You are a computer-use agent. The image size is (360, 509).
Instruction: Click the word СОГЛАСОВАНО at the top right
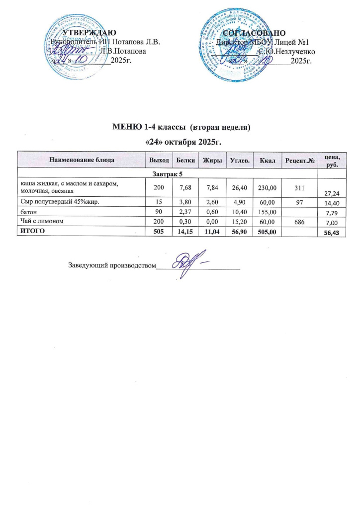[254, 33]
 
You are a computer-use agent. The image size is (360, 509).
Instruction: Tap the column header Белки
[185, 161]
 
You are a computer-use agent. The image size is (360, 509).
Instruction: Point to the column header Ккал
[267, 161]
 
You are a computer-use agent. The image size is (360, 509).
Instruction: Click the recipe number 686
[299, 220]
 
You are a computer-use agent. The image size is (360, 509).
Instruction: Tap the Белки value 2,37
[185, 211]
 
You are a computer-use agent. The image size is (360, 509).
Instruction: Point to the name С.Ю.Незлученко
[285, 52]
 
